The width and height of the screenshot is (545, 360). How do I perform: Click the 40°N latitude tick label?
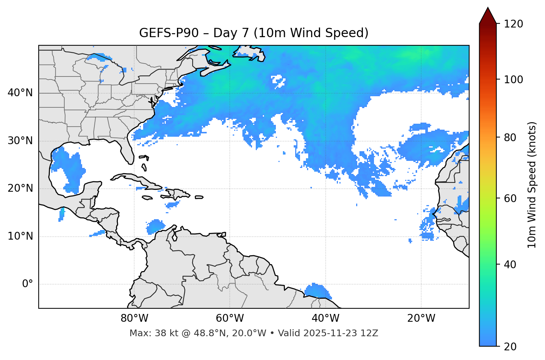tap(20, 93)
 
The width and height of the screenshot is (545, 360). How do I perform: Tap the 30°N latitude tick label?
tap(20, 141)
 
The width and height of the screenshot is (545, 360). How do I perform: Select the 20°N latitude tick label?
tap(20, 188)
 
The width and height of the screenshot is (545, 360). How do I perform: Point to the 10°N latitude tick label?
tap(20, 236)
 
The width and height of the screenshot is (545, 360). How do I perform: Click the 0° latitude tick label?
tap(28, 284)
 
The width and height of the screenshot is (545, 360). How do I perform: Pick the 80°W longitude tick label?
tap(134, 318)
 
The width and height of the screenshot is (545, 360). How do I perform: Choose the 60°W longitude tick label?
tap(230, 318)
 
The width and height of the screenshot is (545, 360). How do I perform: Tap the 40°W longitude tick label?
tap(325, 318)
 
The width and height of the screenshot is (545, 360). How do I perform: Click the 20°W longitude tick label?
tap(421, 318)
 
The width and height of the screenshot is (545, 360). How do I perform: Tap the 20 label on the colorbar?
tap(510, 346)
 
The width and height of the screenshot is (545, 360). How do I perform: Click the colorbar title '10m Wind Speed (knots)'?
tap(532, 185)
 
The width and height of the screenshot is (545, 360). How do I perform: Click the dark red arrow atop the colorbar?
tap(488, 16)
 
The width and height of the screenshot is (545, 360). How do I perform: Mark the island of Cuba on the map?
tap(134, 179)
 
